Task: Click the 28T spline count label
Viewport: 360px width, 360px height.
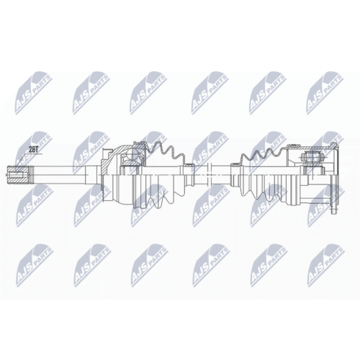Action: coord(32,150)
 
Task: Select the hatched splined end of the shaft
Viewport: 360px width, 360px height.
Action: coord(17,175)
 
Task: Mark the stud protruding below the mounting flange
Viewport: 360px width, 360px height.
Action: coord(333,210)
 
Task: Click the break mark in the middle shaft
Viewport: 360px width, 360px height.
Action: coord(208,175)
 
